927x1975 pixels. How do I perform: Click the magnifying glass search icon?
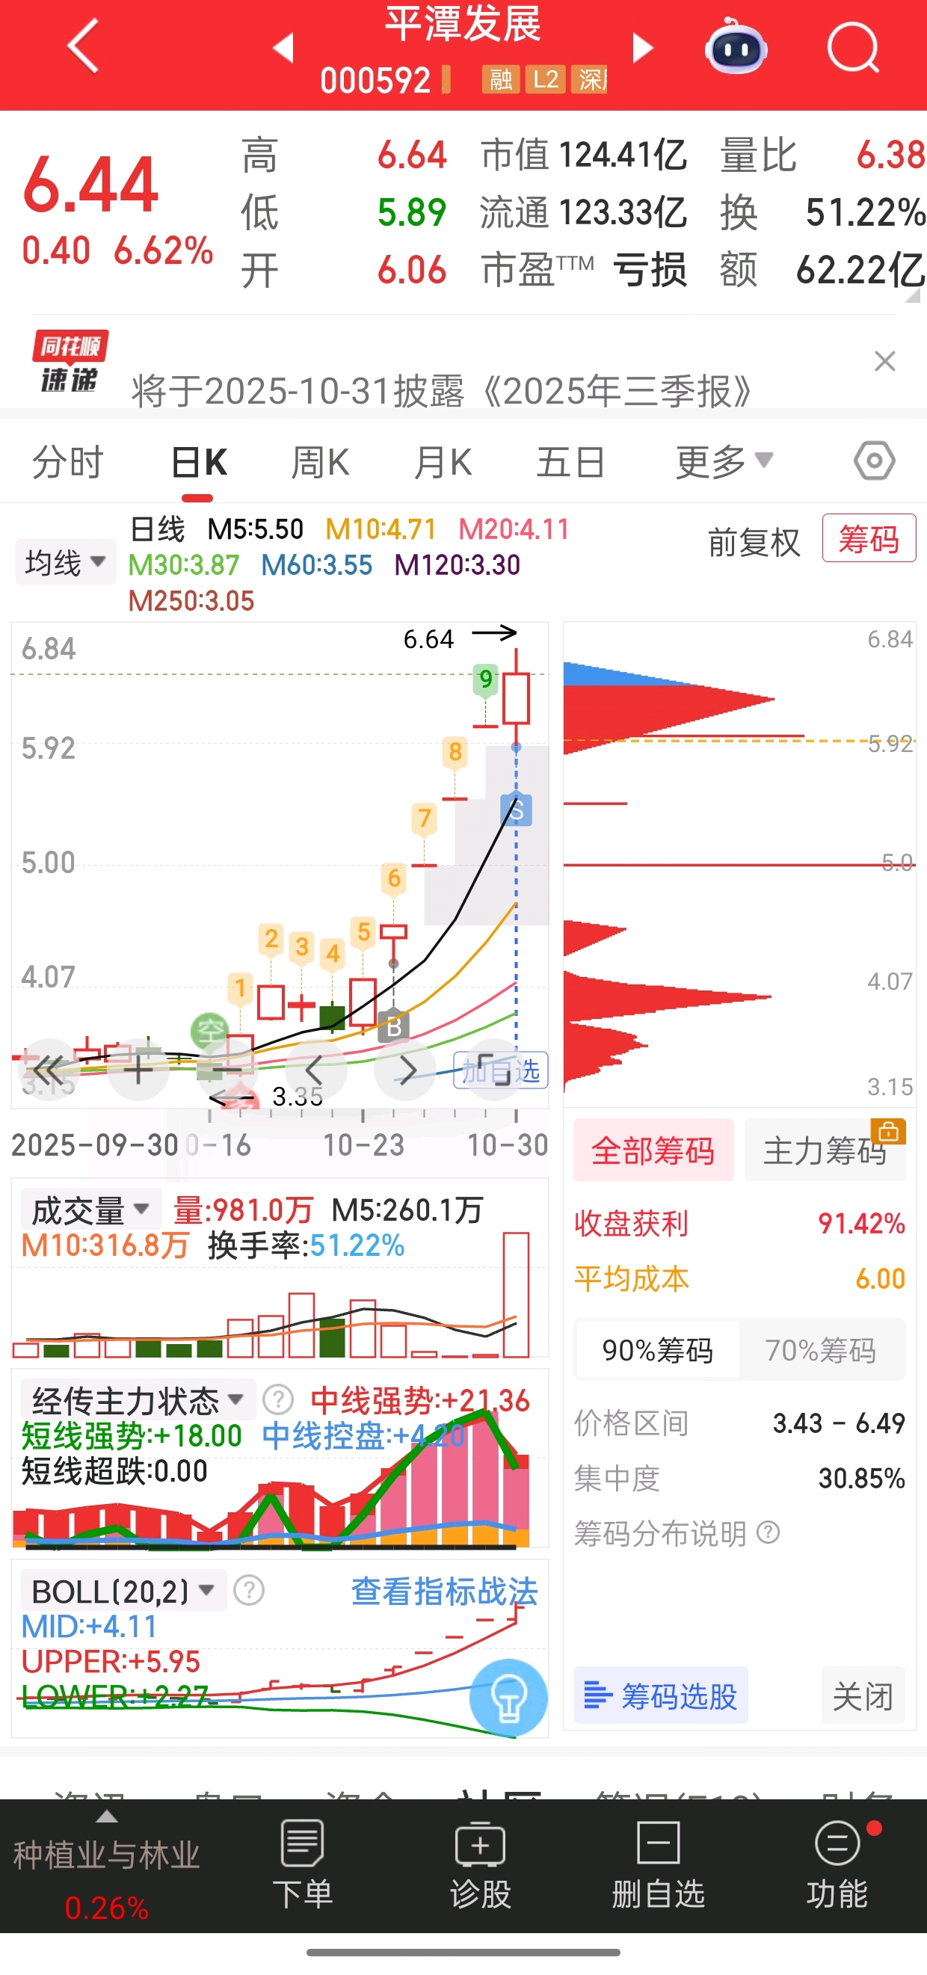click(853, 48)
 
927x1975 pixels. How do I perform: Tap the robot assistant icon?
click(736, 48)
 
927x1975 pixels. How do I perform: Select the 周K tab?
click(320, 462)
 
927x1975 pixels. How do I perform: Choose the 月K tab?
click(443, 462)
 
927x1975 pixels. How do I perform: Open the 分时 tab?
click(67, 462)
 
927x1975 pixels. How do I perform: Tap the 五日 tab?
click(570, 462)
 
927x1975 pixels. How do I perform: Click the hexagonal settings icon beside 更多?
click(874, 460)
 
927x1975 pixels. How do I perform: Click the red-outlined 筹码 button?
click(868, 538)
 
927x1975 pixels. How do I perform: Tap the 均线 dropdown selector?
click(65, 563)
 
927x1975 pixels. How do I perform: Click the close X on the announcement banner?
click(885, 361)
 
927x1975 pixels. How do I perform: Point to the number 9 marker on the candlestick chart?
click(485, 680)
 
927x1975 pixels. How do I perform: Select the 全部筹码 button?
click(653, 1150)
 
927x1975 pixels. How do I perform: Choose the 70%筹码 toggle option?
click(820, 1350)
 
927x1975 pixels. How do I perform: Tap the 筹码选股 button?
click(661, 1696)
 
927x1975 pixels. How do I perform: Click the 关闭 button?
click(863, 1696)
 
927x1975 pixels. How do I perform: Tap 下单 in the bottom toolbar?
click(303, 1864)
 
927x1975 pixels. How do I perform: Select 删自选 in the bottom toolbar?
click(658, 1864)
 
